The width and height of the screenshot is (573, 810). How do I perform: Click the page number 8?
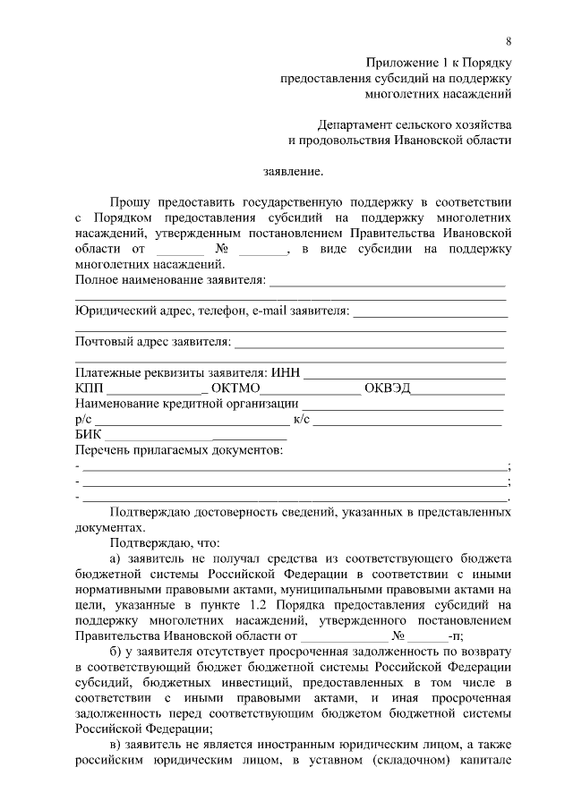click(x=509, y=41)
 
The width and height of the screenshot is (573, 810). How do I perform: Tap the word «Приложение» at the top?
click(x=400, y=60)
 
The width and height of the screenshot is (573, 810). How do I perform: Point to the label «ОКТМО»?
click(x=235, y=388)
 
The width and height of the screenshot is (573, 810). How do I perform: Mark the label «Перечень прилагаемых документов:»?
click(x=179, y=449)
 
